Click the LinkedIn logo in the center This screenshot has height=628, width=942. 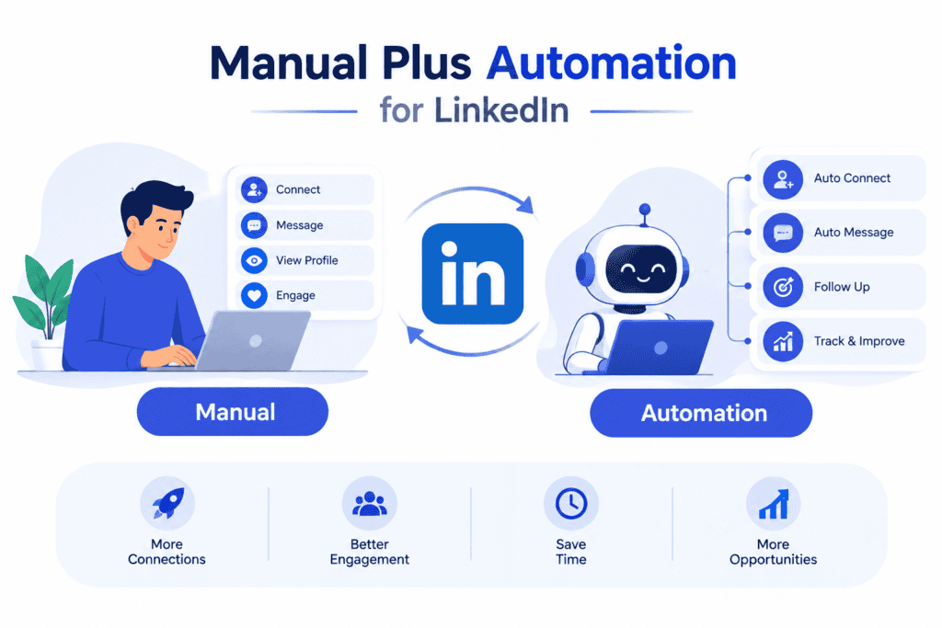[472, 274]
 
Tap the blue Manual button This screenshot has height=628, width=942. [233, 412]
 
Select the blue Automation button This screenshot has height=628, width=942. [701, 413]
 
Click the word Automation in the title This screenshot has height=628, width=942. [611, 63]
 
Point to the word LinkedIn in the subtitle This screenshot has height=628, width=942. [501, 110]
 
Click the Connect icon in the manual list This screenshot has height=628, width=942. [254, 189]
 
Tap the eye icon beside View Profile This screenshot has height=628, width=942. [254, 260]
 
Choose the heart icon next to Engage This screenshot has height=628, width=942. [254, 295]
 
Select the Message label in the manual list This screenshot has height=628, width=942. [299, 225]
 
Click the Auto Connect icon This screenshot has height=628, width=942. [783, 179]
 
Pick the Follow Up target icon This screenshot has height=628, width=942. [783, 287]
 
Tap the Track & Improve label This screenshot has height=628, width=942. [859, 341]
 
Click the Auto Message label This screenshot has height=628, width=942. [854, 233]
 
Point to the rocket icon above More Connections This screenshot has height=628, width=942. [167, 503]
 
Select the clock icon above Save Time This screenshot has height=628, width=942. [570, 503]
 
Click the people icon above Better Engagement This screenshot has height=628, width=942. [370, 504]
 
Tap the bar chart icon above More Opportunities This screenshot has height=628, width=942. [773, 504]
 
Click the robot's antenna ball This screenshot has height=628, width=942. [645, 209]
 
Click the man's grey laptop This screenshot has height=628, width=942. [252, 341]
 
